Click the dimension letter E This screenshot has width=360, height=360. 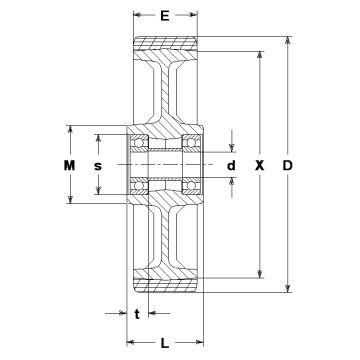tap(165, 15)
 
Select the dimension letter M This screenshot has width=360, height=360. tap(69, 165)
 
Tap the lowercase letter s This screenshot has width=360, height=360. tap(97, 166)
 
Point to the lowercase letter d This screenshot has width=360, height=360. tap(231, 165)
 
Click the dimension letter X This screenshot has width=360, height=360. tap(259, 165)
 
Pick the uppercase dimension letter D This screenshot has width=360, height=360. tap(287, 165)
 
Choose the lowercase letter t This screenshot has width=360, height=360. tap(137, 314)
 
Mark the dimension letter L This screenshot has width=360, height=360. tap(165, 343)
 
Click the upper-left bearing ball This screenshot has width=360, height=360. tap(139, 143)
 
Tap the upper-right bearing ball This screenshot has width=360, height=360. tap(191, 143)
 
